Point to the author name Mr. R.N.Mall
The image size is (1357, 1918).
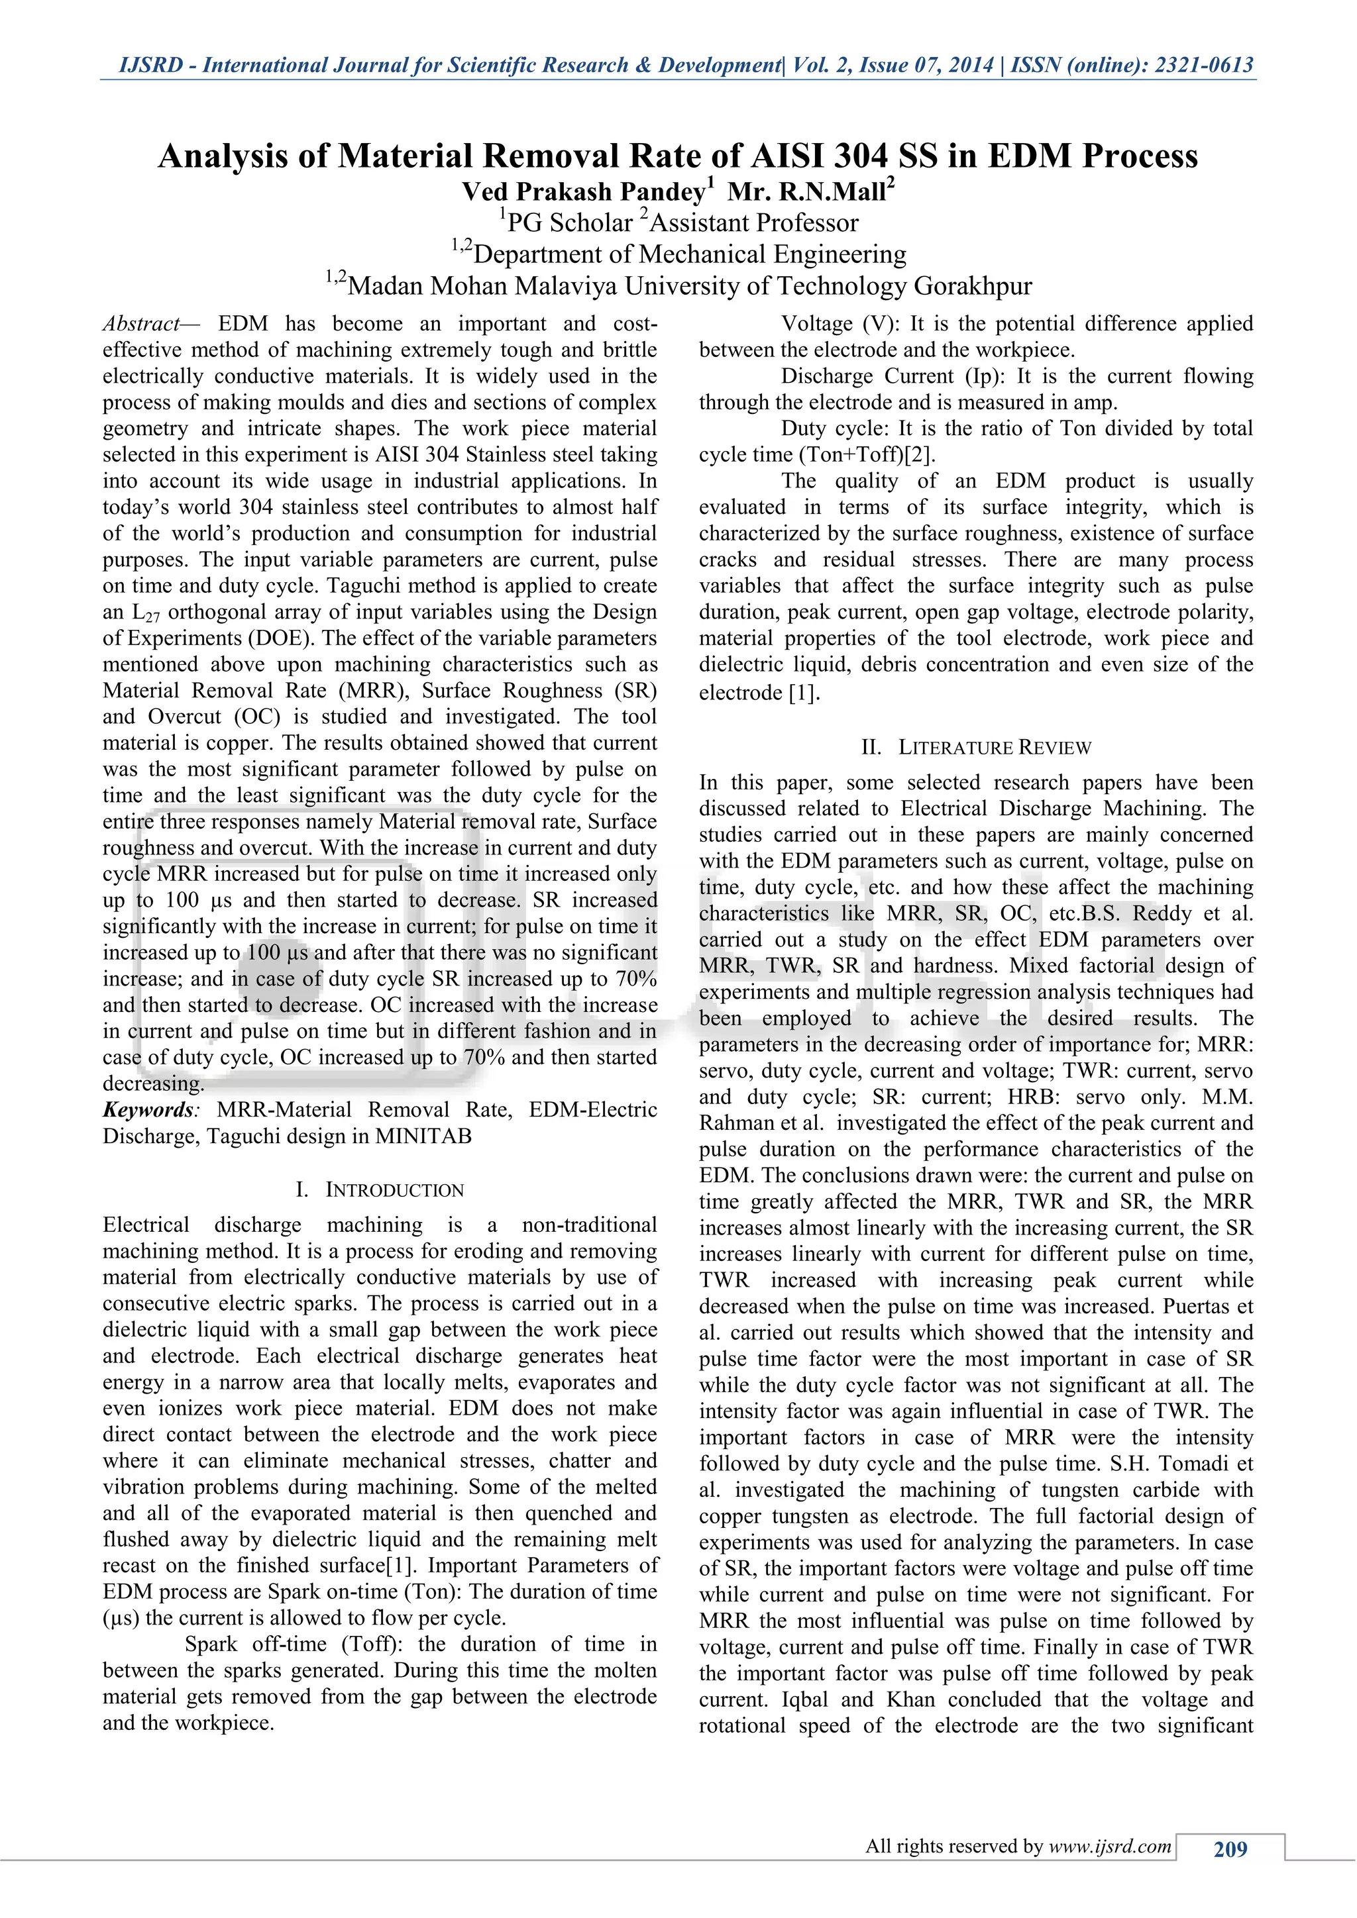click(806, 192)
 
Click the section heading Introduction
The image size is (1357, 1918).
click(394, 1189)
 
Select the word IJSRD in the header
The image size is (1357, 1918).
click(150, 65)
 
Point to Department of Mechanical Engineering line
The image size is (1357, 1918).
click(689, 255)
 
